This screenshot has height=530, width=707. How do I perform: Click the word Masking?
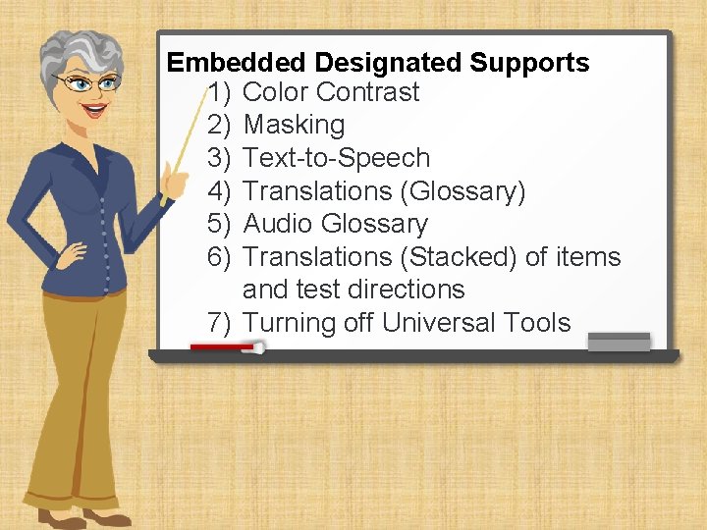tap(294, 126)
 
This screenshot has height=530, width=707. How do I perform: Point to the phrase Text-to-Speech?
tap(336, 158)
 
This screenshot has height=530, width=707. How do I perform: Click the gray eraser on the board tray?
tap(618, 341)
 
